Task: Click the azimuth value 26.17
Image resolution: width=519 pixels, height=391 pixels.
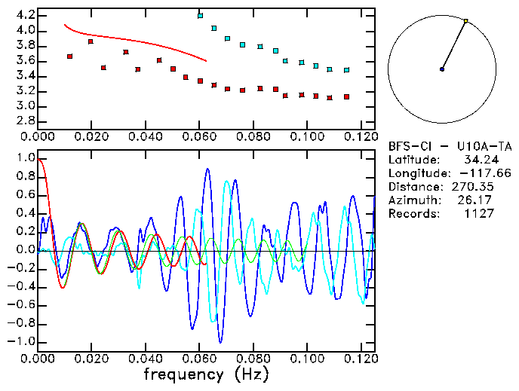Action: [478, 200]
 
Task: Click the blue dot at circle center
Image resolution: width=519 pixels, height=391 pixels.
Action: [441, 69]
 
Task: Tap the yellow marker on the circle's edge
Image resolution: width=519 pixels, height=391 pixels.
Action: [465, 21]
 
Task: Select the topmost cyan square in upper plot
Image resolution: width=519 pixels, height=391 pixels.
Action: [200, 16]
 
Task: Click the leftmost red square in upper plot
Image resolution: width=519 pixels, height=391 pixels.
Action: [69, 57]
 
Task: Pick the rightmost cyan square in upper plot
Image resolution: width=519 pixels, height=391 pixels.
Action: [346, 70]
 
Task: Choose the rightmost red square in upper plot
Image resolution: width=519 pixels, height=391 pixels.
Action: [346, 97]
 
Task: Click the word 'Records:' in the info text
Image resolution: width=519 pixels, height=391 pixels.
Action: [413, 213]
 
